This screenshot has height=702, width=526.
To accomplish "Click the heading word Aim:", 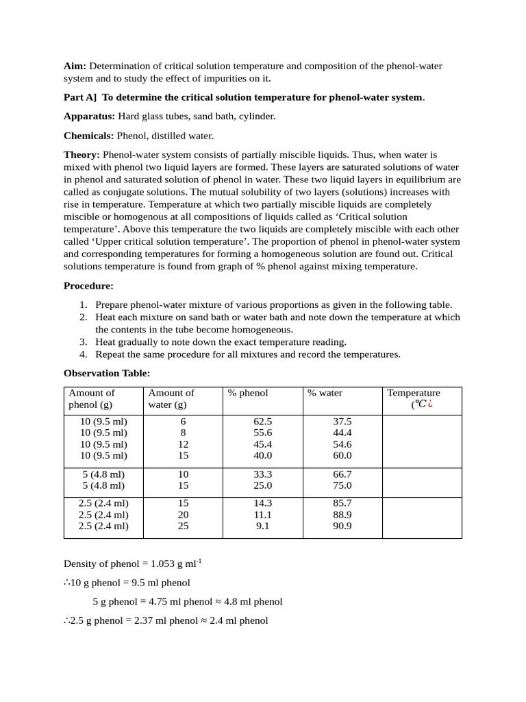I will pos(75,66).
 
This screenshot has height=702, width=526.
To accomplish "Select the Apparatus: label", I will pos(89,117).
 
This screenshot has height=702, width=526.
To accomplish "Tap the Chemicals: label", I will pos(89,136).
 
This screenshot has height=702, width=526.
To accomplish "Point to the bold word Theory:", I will pos(82,155).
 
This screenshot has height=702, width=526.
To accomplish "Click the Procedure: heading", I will pos(88,286).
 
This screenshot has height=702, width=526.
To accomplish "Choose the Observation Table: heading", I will pos(107,374).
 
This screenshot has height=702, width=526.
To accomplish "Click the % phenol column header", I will pos(248,393).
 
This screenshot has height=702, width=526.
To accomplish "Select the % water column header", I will pos(325,393).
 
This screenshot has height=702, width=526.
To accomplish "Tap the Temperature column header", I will pos(414,393).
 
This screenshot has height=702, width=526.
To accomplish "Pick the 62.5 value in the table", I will pos(262,422).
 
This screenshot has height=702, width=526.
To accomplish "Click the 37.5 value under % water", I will pos(342,422).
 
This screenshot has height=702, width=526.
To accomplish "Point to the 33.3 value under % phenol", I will pos(262,474).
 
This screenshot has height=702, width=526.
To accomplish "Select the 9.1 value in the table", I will pos(262,526).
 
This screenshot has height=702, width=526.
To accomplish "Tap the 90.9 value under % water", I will pos(342,526).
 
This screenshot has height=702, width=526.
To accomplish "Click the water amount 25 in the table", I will pos(183,526).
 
